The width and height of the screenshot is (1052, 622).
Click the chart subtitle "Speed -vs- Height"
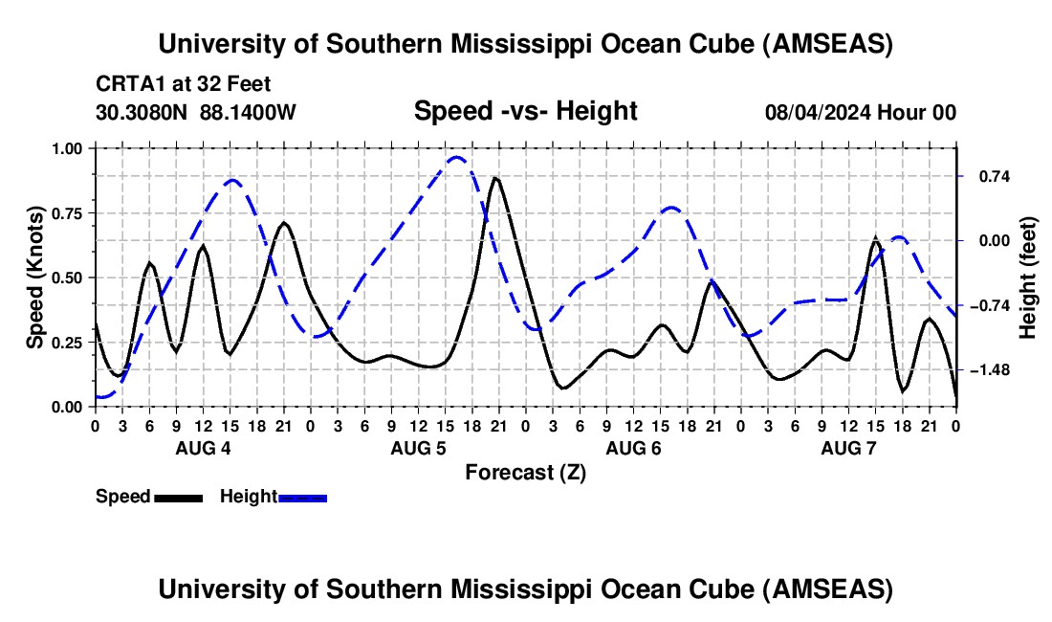tap(525, 111)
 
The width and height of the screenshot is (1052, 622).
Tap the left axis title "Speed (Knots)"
tap(35, 277)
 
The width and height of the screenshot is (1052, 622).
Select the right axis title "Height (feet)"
tap(1027, 277)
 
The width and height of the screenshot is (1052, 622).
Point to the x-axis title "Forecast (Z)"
tap(525, 472)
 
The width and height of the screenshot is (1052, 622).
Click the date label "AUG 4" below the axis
tap(202, 448)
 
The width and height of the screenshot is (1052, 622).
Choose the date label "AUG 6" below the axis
tap(633, 448)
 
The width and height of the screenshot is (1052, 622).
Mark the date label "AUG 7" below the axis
tap(848, 448)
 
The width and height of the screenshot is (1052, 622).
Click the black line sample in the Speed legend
tap(177, 497)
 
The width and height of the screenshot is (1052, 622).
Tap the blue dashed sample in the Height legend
tap(302, 497)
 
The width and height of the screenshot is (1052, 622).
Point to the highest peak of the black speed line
tap(494, 178)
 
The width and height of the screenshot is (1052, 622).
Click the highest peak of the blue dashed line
tap(457, 158)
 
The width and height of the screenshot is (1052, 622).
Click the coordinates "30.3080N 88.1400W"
tap(196, 112)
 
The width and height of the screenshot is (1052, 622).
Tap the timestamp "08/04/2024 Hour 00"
tap(860, 112)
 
